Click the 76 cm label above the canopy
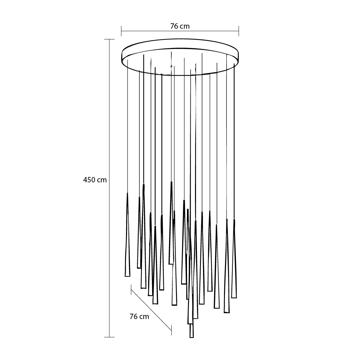180,26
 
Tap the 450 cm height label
95,180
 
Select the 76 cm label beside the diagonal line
139,317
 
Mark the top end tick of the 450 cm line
109,39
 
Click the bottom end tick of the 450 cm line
109,337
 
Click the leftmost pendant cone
127,240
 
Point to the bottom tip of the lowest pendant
191,337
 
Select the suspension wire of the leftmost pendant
127,127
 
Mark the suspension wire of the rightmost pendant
234,140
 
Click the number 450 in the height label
90,180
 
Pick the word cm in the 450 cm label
102,180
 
